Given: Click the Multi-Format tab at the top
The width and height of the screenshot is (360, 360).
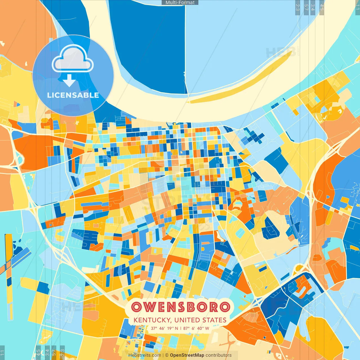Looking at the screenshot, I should click(180, 3).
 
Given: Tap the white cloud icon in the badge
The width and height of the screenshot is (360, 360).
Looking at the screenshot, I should click(73, 59).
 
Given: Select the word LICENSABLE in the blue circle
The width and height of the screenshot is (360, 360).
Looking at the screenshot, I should click(73, 95).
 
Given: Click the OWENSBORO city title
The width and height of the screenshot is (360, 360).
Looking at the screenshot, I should click(181, 307).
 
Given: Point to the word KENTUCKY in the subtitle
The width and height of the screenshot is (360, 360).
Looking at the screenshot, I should click(152, 320).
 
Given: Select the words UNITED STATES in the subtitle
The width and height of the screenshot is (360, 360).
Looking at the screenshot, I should click(200, 320).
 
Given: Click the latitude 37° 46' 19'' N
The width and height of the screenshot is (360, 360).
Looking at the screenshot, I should click(165, 328).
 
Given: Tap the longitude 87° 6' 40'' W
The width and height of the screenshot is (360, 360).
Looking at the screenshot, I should click(196, 328).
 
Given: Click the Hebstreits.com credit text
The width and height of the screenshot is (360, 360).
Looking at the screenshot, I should click(145, 355).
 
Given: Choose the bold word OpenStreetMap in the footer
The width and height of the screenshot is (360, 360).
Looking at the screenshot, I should click(187, 355).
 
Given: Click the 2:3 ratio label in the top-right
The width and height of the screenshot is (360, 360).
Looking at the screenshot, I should click(298, 7).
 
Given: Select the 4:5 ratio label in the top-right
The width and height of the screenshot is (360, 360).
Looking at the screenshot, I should click(321, 7).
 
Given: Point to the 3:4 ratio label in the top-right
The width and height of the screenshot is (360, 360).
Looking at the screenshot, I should click(313, 7).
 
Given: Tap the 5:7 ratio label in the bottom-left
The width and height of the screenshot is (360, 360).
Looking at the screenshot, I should click(54, 353).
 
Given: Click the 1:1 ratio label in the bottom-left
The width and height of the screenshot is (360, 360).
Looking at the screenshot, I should click(2, 353).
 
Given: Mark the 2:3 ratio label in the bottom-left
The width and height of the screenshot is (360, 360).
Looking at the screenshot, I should click(62, 353).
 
